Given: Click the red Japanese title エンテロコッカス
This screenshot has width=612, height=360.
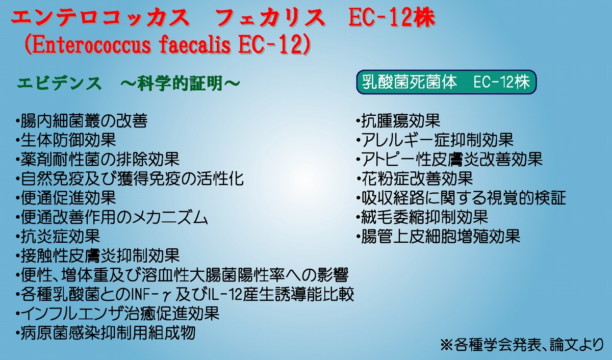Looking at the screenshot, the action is pos(100,18).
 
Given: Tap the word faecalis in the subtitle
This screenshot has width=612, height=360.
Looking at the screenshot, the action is pos(195,45).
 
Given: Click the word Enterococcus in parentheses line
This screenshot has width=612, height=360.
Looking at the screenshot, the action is pos(91,45).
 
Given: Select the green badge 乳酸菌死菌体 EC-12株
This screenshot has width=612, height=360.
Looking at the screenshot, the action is pos(446,82).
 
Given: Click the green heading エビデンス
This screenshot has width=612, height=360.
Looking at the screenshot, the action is pos(59,83).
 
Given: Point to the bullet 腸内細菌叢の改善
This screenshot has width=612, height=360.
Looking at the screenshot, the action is pos(82,121).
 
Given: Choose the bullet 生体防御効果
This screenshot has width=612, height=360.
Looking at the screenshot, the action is pos(66,140).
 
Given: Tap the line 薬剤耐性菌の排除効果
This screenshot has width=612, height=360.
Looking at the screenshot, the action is pos(97,159).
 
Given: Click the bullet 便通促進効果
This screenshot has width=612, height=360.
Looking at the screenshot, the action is pos(66,198).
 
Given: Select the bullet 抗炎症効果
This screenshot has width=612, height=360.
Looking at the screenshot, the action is pos(58,236).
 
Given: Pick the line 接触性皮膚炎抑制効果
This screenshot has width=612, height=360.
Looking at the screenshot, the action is pos(97,255).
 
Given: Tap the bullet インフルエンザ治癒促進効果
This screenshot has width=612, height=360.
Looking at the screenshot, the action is pos(117,313).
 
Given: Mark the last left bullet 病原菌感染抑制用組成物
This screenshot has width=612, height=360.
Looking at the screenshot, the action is pos(106,332).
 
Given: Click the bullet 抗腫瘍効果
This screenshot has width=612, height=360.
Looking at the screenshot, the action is pos(398,121).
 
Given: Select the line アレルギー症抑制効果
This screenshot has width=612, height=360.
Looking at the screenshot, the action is pos(435,140).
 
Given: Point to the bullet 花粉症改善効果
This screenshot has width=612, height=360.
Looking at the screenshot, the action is pos(414,178).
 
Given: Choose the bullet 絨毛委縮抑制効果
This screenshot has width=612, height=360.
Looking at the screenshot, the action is pos(422,217).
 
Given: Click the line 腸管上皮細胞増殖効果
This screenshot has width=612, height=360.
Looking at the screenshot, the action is pos(438,236).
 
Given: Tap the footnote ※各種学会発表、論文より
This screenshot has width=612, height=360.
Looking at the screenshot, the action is pos(522,345).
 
